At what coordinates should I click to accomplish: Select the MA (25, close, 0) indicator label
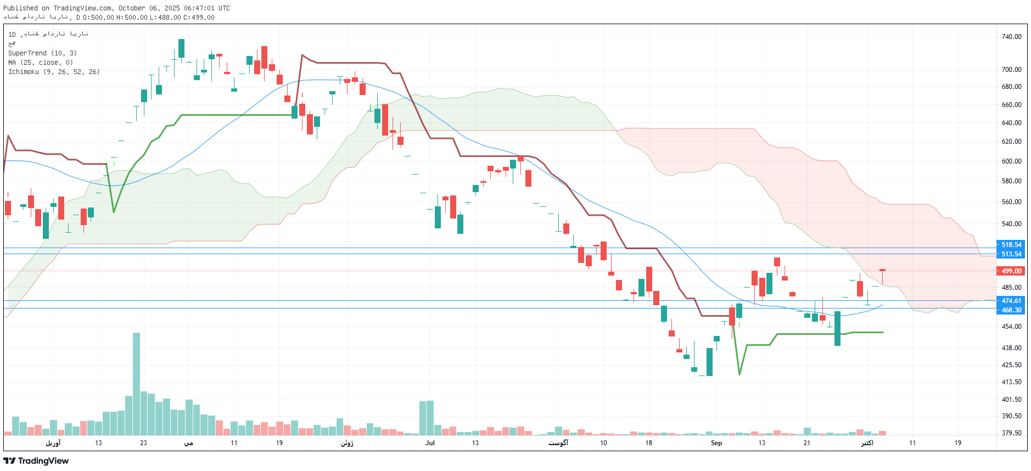pos(40,63)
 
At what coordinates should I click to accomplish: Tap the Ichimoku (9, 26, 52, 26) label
pos(54,72)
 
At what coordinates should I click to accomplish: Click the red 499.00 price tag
pos(1011,271)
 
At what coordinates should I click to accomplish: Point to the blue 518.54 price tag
pos(1011,245)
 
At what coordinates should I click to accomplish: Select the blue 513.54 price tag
pos(1011,254)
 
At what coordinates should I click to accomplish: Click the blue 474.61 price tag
pos(1011,301)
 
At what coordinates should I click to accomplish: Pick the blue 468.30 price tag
pos(1011,310)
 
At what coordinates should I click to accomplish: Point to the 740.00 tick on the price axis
pos(1011,37)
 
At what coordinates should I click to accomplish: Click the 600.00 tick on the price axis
pos(1011,161)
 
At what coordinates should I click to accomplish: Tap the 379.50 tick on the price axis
pos(1011,433)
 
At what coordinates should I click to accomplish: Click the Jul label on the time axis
pos(430,443)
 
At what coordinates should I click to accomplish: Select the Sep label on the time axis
pos(716,443)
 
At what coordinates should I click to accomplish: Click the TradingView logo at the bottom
pos(36,461)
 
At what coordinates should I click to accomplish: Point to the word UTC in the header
pos(223,8)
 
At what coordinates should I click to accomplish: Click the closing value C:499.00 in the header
pos(199,18)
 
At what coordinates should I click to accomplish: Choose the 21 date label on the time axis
pos(806,443)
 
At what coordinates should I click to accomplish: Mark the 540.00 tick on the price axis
pos(1011,224)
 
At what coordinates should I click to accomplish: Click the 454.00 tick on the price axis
pos(1011,327)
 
